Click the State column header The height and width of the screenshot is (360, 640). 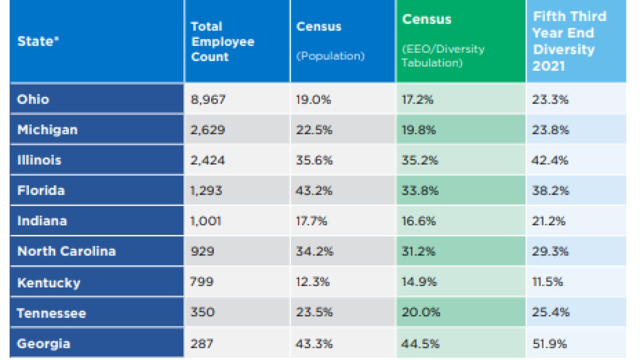pos(38,41)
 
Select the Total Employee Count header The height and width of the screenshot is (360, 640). pos(223,41)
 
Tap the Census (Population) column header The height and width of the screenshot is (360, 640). pos(330,41)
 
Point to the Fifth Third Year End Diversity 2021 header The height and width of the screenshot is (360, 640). pos(569,41)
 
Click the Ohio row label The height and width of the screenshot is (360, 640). pos(33,99)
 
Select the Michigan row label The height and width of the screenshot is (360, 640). pos(47,130)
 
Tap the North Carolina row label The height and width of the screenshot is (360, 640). pos(66,251)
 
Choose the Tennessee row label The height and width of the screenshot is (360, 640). pos(51,313)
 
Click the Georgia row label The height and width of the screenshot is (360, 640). pos(43,343)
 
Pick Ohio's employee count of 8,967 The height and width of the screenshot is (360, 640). pos(208,99)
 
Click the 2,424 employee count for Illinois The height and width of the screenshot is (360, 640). pos(207,160)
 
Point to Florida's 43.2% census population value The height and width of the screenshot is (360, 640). pos(314,190)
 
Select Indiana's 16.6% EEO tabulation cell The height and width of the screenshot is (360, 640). pos(418,221)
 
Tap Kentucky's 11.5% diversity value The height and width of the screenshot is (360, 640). pos(547,281)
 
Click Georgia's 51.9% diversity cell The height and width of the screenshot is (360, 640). pos(549,343)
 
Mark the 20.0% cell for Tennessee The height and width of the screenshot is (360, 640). pos(420,312)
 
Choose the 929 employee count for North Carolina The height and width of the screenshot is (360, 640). pos(202,251)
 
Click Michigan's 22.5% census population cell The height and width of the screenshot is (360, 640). pos(314,130)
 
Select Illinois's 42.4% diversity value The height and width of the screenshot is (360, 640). pos(549,160)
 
